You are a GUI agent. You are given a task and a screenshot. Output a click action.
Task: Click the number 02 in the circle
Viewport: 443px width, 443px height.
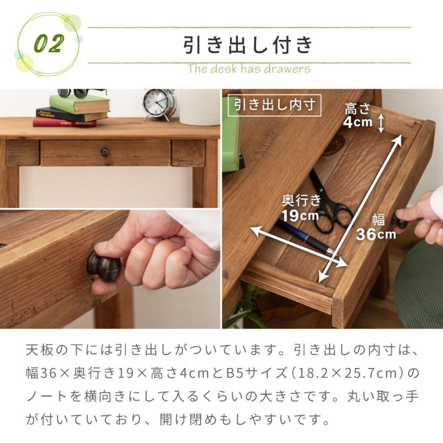click(49, 44)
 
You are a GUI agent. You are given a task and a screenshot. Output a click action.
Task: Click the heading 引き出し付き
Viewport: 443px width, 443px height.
click(249, 45)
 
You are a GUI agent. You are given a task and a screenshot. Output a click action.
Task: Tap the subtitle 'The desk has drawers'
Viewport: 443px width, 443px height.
click(249, 68)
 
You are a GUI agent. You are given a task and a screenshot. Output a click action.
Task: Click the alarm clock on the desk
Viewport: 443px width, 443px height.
click(159, 103)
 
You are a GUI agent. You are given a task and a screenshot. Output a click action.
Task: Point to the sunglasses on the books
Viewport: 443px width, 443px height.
click(79, 93)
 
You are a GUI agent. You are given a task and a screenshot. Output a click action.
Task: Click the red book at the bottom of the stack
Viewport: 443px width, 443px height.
click(64, 122)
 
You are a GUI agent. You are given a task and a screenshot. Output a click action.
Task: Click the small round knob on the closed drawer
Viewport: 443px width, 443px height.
click(105, 152)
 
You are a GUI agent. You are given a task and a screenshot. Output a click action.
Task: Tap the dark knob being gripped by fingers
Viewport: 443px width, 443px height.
click(103, 266)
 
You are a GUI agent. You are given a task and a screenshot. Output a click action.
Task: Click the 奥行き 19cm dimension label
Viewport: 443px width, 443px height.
click(301, 208)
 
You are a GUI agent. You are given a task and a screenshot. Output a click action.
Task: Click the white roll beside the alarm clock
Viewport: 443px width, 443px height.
click(199, 107)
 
